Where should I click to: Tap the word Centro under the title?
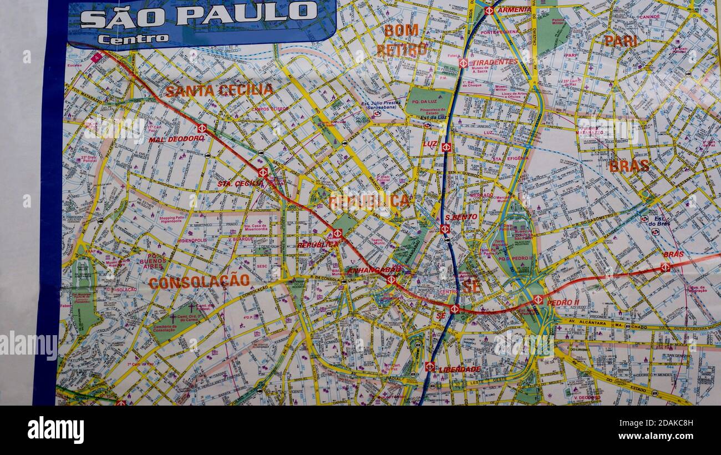[133, 39]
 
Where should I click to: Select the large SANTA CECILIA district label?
[219, 90]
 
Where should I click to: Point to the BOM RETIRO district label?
[402, 40]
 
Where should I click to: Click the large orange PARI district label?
[620, 41]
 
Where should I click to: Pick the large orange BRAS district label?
[629, 165]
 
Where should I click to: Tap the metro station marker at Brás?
[664, 267]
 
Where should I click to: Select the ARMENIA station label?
[513, 9]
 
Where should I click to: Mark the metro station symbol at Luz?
[446, 147]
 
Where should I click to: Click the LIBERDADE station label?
[459, 369]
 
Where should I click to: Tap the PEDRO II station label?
[563, 302]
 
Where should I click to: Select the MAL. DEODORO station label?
[176, 139]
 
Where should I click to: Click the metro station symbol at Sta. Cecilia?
[262, 173]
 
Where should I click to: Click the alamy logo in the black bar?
[56, 430]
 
